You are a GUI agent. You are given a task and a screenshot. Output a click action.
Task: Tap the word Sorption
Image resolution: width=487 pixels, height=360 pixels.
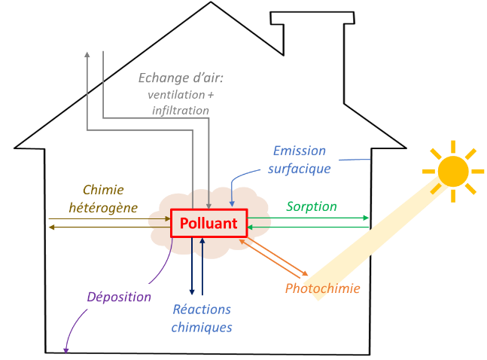click(x=311, y=206)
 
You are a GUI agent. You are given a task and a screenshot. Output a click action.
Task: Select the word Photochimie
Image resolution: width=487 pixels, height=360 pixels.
click(x=322, y=288)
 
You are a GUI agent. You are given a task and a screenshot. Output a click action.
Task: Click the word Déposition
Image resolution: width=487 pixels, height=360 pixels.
click(x=119, y=296)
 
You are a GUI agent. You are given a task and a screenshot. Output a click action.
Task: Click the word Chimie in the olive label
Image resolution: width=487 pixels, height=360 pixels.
click(x=102, y=190)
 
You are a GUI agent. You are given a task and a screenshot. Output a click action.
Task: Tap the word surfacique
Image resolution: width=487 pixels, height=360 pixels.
click(x=299, y=168)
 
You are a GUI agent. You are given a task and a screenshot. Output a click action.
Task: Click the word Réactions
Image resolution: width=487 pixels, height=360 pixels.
click(x=202, y=310)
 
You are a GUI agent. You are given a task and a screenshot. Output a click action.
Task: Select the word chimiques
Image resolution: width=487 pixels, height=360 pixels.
click(x=202, y=327)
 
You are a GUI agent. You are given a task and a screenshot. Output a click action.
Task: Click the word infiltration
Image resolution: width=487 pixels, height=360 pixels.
click(x=180, y=110)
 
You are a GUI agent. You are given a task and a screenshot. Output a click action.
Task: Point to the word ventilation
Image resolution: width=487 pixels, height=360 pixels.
click(x=180, y=95)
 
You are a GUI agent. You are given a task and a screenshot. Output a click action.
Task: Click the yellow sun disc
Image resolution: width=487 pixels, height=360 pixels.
click(x=454, y=171)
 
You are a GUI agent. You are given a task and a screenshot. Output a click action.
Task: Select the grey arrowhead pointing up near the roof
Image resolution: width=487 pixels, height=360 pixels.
click(x=87, y=55)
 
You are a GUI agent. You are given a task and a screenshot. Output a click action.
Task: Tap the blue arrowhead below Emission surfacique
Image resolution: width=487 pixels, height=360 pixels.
click(x=232, y=203)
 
